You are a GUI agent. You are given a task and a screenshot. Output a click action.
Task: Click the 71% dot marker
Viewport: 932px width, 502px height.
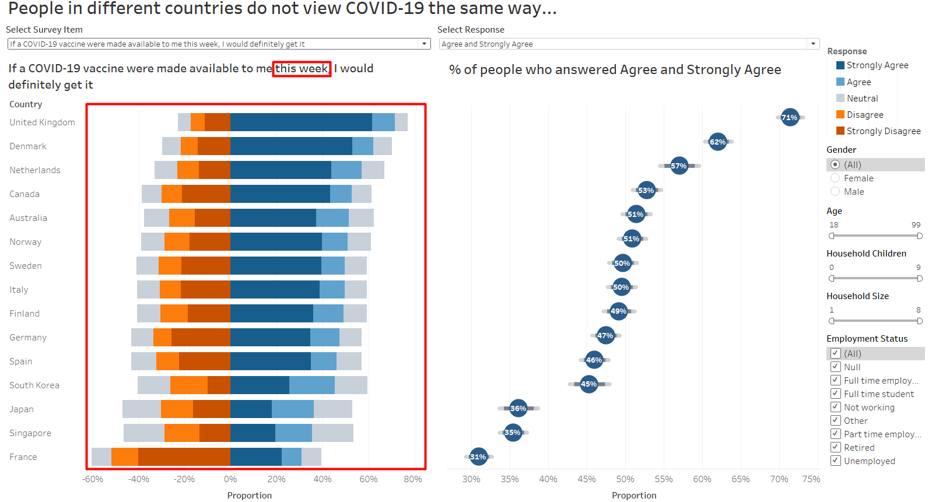click(x=790, y=117)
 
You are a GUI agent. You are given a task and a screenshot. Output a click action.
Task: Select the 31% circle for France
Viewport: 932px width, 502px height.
click(x=478, y=457)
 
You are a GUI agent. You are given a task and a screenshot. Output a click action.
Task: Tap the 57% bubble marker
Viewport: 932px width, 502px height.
click(x=679, y=166)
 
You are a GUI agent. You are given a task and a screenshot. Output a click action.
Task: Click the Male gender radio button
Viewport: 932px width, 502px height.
click(x=835, y=191)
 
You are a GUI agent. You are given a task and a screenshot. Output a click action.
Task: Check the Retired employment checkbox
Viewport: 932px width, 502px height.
click(x=835, y=447)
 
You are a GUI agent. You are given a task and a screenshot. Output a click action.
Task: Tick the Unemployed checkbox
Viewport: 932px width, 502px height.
click(x=835, y=461)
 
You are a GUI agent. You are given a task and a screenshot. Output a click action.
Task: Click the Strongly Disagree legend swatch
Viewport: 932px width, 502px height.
click(x=840, y=131)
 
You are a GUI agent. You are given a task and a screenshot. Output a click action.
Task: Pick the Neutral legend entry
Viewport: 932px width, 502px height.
click(x=862, y=99)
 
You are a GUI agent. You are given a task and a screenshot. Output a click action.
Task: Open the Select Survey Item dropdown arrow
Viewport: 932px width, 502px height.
click(x=425, y=44)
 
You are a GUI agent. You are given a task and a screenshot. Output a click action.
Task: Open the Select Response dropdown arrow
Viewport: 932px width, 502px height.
click(x=813, y=44)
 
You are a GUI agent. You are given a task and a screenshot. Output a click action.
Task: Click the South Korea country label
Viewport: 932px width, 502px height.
click(x=34, y=385)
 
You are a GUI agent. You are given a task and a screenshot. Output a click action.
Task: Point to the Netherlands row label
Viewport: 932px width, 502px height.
click(x=35, y=170)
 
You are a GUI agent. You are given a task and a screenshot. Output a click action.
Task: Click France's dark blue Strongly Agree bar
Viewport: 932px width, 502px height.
click(x=255, y=457)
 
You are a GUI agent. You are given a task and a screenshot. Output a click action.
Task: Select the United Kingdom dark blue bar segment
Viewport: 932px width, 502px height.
click(x=301, y=122)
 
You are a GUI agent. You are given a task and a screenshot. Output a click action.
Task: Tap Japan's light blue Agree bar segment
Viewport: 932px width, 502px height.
click(x=292, y=409)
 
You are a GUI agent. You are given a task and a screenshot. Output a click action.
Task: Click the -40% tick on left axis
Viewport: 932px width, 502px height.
click(x=139, y=479)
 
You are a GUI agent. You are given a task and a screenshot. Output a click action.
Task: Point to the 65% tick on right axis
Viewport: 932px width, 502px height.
click(x=740, y=479)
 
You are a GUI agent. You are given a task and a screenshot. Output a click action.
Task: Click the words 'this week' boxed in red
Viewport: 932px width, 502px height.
click(x=302, y=69)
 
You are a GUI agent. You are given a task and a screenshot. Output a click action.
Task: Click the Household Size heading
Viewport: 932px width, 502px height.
click(x=857, y=296)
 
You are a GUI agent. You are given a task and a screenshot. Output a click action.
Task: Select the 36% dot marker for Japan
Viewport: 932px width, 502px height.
click(x=518, y=408)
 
